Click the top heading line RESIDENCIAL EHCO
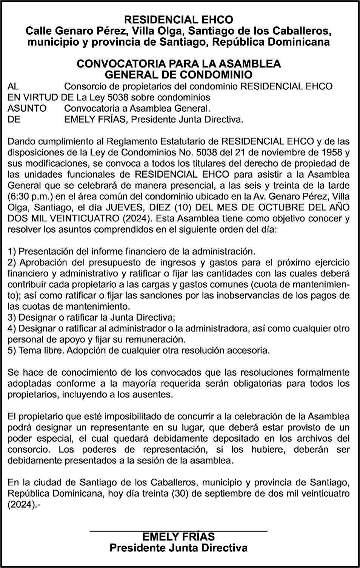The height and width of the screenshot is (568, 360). tap(178, 20)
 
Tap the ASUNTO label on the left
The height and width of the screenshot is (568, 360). tap(27, 109)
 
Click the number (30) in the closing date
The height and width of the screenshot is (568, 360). tap(180, 494)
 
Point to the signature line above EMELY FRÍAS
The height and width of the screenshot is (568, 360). tap(178, 531)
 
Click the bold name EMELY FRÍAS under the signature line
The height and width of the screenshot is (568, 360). tap(178, 537)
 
